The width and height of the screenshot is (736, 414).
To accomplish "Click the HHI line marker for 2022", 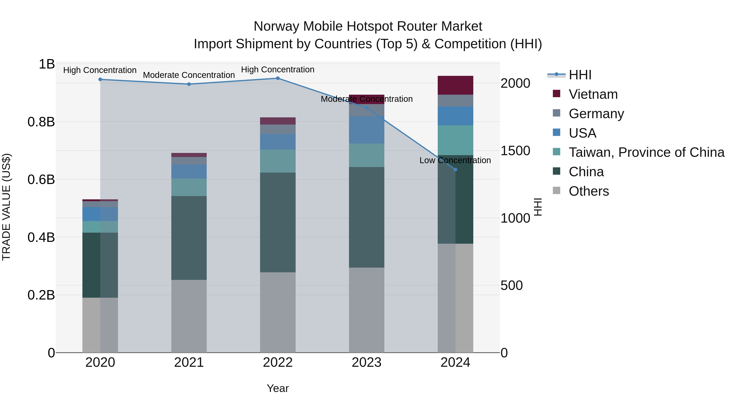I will pyautogui.click(x=278, y=78).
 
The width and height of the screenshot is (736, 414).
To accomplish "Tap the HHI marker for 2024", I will pyautogui.click(x=456, y=170).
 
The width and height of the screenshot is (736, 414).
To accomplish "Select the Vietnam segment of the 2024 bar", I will pyautogui.click(x=456, y=85).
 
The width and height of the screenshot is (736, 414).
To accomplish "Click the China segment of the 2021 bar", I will pyautogui.click(x=189, y=238).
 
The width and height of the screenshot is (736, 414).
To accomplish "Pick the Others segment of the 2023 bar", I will pyautogui.click(x=367, y=310).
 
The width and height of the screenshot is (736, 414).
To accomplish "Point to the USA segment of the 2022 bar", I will pyautogui.click(x=278, y=142).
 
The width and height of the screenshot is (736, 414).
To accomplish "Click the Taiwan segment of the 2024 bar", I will pyautogui.click(x=456, y=140).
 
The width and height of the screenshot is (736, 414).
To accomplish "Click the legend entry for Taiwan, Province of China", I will pyautogui.click(x=646, y=153).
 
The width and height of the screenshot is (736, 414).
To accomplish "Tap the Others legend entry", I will pyautogui.click(x=589, y=191).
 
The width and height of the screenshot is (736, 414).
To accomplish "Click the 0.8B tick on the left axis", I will pyautogui.click(x=41, y=122).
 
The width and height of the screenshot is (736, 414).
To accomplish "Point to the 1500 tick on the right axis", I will pyautogui.click(x=515, y=151).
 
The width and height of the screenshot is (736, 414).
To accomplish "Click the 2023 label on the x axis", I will pyautogui.click(x=367, y=362).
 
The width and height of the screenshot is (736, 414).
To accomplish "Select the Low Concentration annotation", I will pyautogui.click(x=455, y=160).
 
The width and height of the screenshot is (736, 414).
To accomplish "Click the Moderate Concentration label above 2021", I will pyautogui.click(x=189, y=75).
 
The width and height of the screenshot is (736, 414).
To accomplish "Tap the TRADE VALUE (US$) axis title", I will pyautogui.click(x=6, y=207).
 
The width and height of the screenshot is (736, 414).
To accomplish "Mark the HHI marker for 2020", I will pyautogui.click(x=100, y=80).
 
